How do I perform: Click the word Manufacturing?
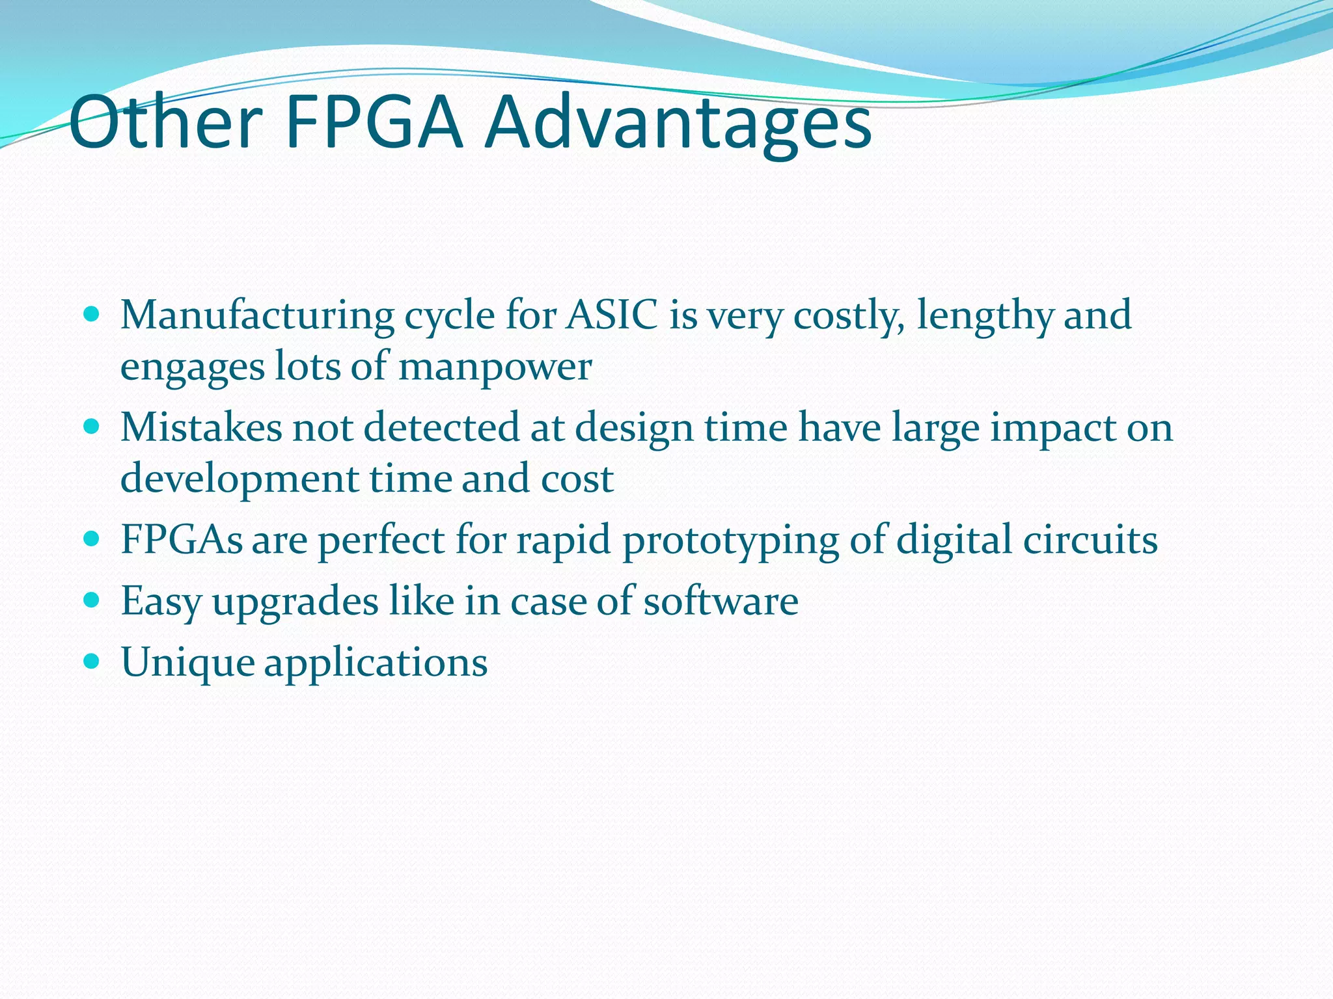point(257,317)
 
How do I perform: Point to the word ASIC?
point(611,315)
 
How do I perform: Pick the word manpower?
point(495,368)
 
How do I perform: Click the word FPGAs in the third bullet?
point(182,540)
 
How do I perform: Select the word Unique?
point(188,664)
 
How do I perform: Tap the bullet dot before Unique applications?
point(92,661)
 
